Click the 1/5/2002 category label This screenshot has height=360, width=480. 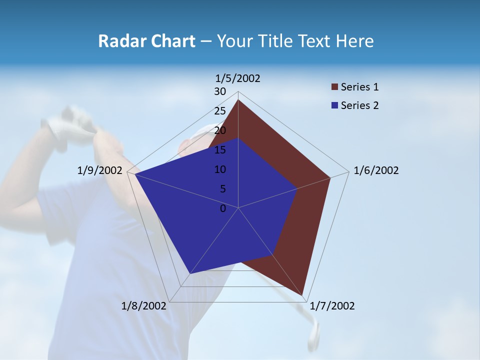pyautogui.click(x=238, y=78)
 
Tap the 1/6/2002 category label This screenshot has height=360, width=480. pyautogui.click(x=376, y=170)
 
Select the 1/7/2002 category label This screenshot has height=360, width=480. pyautogui.click(x=332, y=306)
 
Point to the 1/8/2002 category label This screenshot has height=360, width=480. pyautogui.click(x=144, y=306)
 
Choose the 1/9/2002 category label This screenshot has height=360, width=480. pyautogui.click(x=100, y=170)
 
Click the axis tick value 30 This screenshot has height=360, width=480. pyautogui.click(x=220, y=91)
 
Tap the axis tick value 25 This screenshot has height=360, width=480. pyautogui.click(x=220, y=111)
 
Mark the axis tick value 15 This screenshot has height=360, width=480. pyautogui.click(x=220, y=150)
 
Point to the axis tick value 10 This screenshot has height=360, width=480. pyautogui.click(x=220, y=169)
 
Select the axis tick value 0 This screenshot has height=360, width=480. pyautogui.click(x=223, y=208)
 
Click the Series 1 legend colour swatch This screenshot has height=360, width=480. pyautogui.click(x=334, y=87)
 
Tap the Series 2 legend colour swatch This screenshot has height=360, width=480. pyautogui.click(x=334, y=105)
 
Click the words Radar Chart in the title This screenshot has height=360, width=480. pyautogui.click(x=146, y=41)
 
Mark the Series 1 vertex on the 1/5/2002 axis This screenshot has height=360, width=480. pyautogui.click(x=238, y=100)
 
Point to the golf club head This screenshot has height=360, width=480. pyautogui.click(x=313, y=336)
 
